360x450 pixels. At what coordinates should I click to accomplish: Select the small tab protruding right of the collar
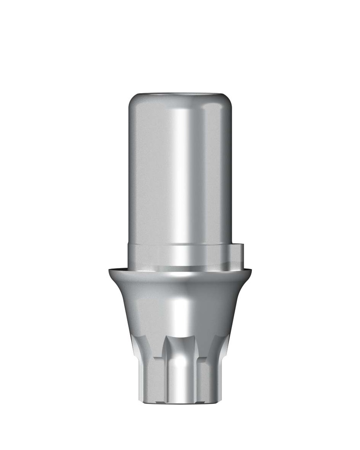[x=237, y=254]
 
